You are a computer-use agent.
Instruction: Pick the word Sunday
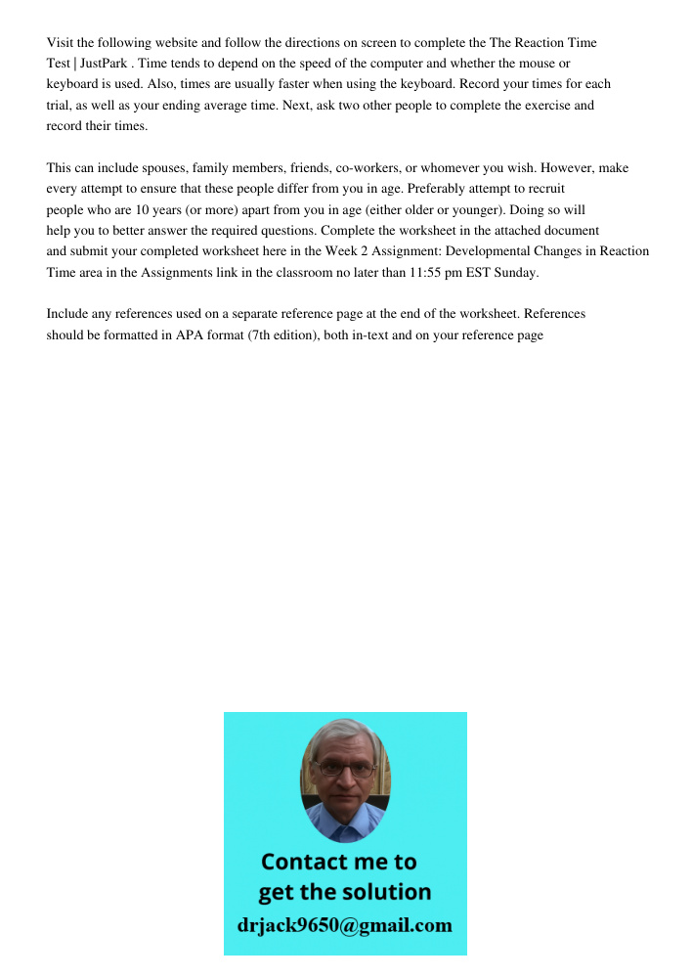[516, 273]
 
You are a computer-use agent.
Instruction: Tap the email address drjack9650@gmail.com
[345, 925]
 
